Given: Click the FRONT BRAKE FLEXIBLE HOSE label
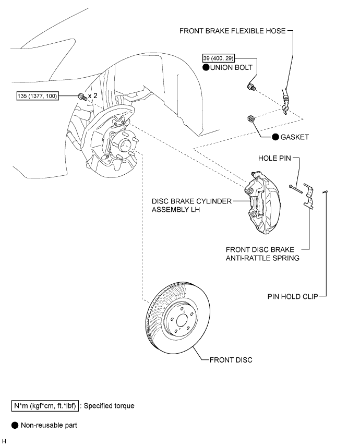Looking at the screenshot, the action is [x=232, y=31].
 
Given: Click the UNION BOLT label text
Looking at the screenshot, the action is [x=231, y=67].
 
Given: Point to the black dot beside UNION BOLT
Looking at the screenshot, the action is [x=206, y=67].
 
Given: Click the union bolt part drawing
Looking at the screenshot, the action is [x=251, y=87].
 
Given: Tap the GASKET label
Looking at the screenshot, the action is [x=295, y=137].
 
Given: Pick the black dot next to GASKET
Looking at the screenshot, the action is [x=275, y=137].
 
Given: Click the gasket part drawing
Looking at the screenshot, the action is [x=251, y=119].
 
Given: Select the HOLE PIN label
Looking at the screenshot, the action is [x=274, y=158].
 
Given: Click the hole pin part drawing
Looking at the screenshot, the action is [x=295, y=189].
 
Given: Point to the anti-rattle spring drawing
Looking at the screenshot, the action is [x=308, y=197].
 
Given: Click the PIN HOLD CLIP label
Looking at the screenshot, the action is [x=293, y=297].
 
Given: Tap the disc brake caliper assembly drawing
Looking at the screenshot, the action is [x=262, y=202].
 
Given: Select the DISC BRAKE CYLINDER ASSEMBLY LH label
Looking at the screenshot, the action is [x=192, y=206].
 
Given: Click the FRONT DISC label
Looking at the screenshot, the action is [x=231, y=360].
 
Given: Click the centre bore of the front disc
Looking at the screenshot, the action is [x=182, y=321].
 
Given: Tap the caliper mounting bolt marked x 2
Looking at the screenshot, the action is [x=82, y=97].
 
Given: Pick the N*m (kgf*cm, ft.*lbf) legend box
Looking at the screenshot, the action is [x=45, y=406].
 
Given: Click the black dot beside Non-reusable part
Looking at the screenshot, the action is [x=15, y=425].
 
